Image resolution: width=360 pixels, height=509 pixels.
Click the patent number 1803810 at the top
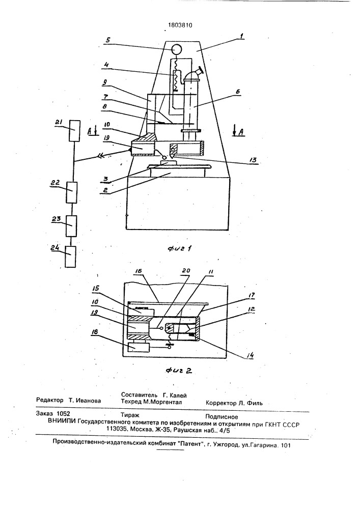[x=180, y=25]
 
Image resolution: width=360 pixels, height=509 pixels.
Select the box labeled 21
[x=75, y=130]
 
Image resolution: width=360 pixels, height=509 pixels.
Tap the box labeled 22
[x=72, y=192]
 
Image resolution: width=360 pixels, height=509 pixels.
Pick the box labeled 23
[x=71, y=226]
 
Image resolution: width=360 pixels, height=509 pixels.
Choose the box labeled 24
[x=70, y=257]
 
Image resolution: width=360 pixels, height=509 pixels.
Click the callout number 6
[x=238, y=92]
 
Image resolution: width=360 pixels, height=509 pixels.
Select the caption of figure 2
[x=179, y=371]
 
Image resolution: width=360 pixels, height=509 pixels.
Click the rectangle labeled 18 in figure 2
[x=139, y=347]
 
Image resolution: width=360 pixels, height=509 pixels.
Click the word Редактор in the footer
[x=50, y=400]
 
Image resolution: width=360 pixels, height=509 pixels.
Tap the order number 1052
[x=63, y=414]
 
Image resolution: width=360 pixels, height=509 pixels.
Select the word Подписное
[x=221, y=417]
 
